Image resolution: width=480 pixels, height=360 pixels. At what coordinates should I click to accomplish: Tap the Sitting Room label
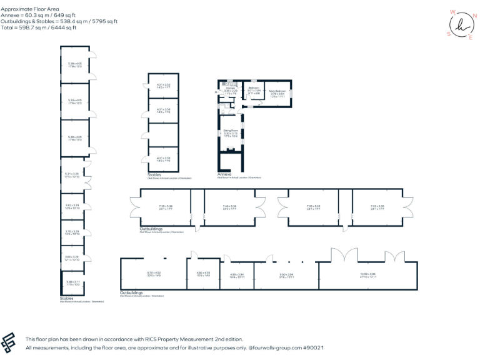231,131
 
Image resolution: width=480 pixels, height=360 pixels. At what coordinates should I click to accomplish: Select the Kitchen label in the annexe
231,89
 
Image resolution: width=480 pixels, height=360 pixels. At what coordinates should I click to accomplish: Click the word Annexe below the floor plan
224,174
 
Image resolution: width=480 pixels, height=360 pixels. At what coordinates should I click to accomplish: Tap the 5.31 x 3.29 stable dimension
72,175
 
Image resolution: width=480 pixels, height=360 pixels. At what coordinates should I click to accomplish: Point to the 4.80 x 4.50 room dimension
204,273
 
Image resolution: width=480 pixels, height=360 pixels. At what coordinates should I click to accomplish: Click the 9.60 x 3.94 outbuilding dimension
287,275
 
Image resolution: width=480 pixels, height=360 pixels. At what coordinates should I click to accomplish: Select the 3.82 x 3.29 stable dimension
72,206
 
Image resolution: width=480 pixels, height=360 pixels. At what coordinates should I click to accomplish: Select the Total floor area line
39,27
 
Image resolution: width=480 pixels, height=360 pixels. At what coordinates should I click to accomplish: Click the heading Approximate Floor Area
30,10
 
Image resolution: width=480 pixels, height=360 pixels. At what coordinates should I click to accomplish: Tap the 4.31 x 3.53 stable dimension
163,85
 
